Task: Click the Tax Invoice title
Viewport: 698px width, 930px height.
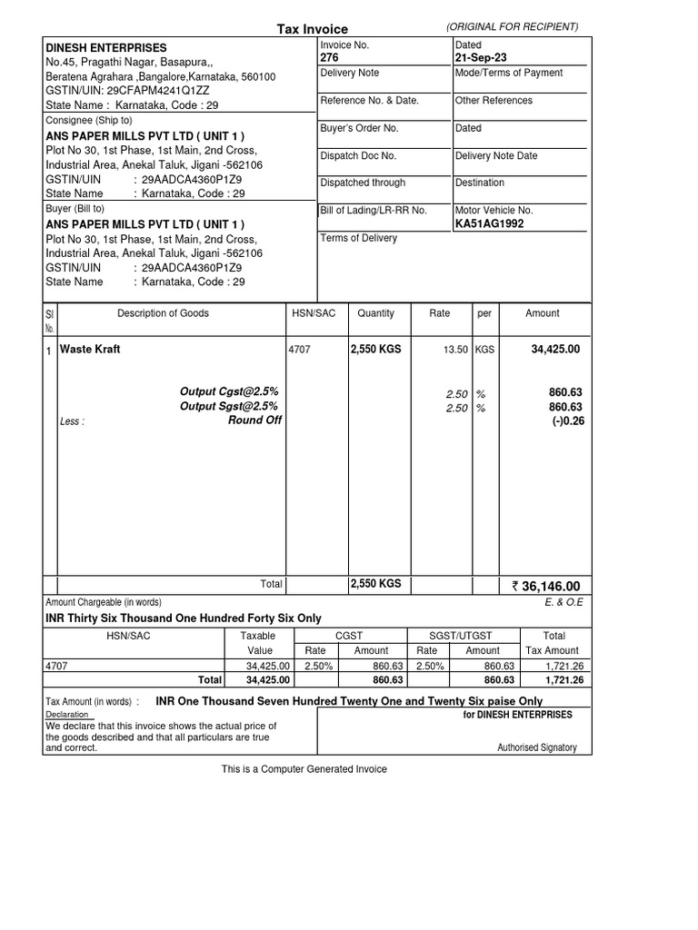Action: point(312,29)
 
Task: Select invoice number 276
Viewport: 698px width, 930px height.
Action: point(329,57)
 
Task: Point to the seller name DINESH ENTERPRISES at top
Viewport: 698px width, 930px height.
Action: point(106,47)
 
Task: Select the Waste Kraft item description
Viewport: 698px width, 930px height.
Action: point(90,349)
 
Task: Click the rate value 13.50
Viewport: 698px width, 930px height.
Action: point(455,350)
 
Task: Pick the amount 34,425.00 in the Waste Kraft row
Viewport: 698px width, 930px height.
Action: point(555,349)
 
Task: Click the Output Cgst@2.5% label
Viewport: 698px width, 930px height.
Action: point(228,391)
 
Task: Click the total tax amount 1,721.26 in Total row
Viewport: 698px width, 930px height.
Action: point(559,679)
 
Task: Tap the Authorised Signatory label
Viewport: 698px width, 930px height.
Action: point(536,747)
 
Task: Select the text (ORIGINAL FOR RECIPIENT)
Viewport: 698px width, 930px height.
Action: point(513,27)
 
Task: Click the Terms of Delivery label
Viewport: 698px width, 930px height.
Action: point(358,238)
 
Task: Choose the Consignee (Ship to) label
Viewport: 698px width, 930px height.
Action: point(89,120)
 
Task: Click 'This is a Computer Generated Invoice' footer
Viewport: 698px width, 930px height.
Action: point(304,769)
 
